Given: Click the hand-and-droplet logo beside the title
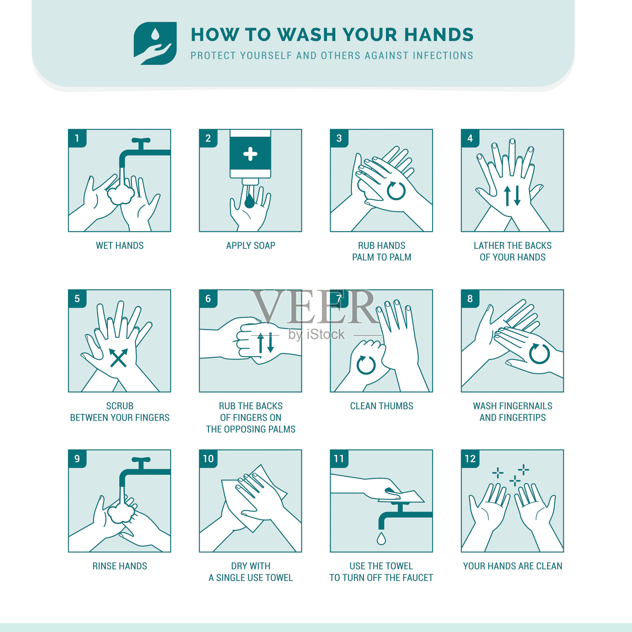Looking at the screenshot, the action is coord(155,43).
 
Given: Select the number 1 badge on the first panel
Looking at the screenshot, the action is coord(77,138).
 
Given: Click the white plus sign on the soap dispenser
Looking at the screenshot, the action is coord(250,154).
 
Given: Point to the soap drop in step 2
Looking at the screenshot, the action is coord(249,201).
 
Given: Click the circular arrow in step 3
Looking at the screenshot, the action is coord(396,191).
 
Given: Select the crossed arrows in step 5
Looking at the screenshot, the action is coord(119,358).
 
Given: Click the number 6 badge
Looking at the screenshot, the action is coord(208,299).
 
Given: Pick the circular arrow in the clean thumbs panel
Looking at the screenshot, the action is coord(366,365).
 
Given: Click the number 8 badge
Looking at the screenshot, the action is coord(470,299).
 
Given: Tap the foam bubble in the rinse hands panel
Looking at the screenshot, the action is coord(120,513).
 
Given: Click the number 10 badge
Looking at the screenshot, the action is coord(208,459).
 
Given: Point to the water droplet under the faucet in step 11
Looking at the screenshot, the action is coord(381,538).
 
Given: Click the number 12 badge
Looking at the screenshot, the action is coord(470,459).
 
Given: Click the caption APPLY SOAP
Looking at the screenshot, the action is coord(250,246).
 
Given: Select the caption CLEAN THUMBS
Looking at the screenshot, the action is coord(382,406).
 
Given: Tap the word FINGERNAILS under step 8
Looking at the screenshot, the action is coord(523,406).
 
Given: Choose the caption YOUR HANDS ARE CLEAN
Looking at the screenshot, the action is coord(513,566).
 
